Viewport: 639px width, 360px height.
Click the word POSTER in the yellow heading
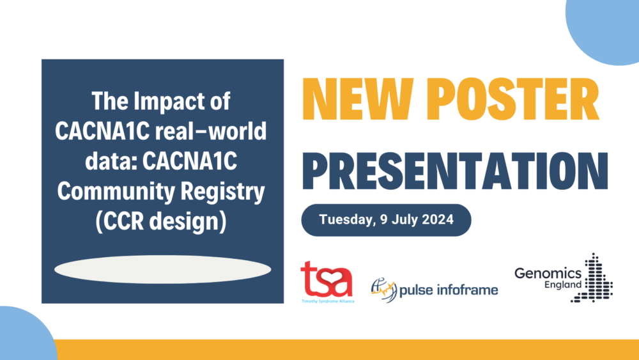click(513, 98)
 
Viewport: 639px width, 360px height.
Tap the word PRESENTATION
click(455, 171)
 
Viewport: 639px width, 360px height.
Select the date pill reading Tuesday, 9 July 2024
click(387, 220)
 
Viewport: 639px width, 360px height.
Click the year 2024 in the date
click(438, 219)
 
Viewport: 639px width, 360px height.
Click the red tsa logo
click(327, 279)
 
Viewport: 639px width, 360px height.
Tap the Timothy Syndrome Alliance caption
click(328, 301)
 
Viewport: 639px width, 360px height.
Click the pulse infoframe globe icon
click(383, 290)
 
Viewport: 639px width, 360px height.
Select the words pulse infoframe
click(449, 290)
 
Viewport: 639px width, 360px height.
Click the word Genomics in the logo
click(548, 273)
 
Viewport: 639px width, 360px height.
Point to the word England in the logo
click(563, 285)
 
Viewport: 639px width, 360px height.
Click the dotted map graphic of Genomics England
click(593, 278)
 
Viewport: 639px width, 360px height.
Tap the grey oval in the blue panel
click(162, 269)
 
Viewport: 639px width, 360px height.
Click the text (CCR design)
click(161, 221)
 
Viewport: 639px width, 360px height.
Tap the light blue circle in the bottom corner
click(26, 334)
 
